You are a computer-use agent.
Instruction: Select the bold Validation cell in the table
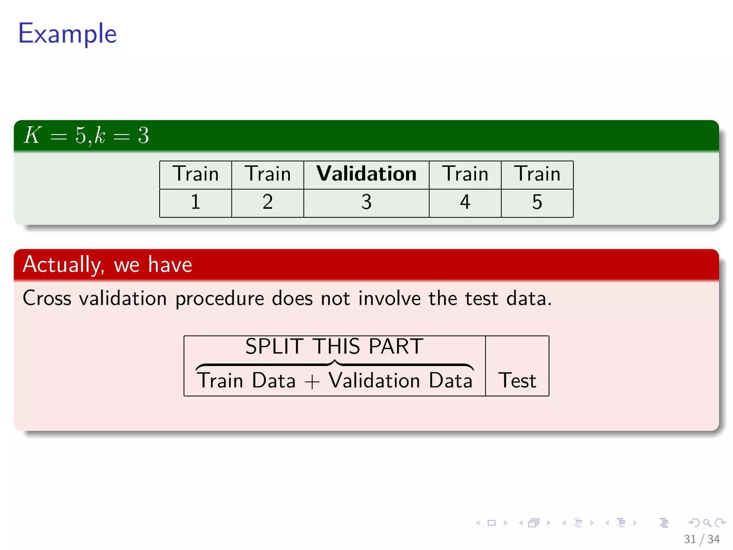(366, 174)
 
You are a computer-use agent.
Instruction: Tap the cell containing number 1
(195, 202)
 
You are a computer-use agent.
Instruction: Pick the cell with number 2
(267, 202)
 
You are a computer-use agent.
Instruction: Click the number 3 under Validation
(366, 202)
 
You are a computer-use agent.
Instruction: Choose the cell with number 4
(465, 202)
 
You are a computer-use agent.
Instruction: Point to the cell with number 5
(537, 202)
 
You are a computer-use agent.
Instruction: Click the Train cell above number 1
(195, 174)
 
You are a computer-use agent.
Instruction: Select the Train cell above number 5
(537, 174)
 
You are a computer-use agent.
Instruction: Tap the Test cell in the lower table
(517, 380)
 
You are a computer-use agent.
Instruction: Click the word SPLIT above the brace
(275, 347)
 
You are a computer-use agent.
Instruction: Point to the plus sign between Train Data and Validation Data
(312, 382)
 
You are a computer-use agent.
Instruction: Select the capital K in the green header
(32, 135)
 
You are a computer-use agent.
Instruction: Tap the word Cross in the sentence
(47, 298)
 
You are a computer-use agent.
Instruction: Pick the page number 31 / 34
(701, 539)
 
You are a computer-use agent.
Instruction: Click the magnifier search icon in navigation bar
(707, 523)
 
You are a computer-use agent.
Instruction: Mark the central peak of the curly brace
(335, 362)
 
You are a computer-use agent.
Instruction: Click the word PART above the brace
(396, 347)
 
